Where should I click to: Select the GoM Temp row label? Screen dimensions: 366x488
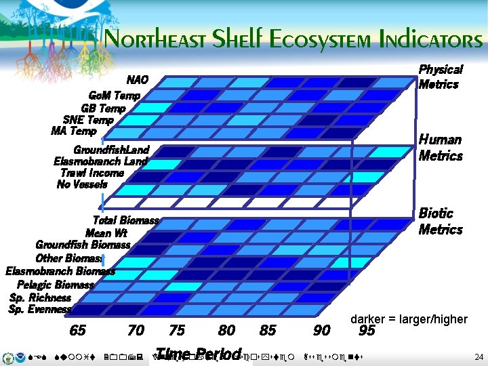tap(115, 96)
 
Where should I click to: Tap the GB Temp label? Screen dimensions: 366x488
tap(103, 108)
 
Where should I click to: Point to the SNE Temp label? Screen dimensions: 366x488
tap(88, 120)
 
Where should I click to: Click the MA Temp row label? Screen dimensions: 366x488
tap(73, 131)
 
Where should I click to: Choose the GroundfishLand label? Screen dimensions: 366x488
tap(111, 150)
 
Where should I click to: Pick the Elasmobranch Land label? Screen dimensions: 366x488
tap(100, 161)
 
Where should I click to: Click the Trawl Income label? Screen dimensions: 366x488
tap(92, 173)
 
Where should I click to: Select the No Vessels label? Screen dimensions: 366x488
tap(82, 184)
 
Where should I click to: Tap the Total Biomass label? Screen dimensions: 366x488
tap(125, 220)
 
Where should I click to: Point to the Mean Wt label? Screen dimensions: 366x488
tap(106, 233)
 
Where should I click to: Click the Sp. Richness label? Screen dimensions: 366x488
tap(40, 298)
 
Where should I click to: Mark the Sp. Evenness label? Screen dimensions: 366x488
tap(40, 309)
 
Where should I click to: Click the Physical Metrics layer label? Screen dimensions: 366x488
tap(440, 77)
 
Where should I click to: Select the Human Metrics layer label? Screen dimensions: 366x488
tap(440, 148)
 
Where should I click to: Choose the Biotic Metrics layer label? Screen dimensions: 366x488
tap(440, 221)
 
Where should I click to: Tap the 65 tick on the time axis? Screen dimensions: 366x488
tap(78, 331)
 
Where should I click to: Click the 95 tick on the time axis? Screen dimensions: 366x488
tap(367, 331)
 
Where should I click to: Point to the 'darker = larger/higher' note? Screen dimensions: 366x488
tap(409, 319)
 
